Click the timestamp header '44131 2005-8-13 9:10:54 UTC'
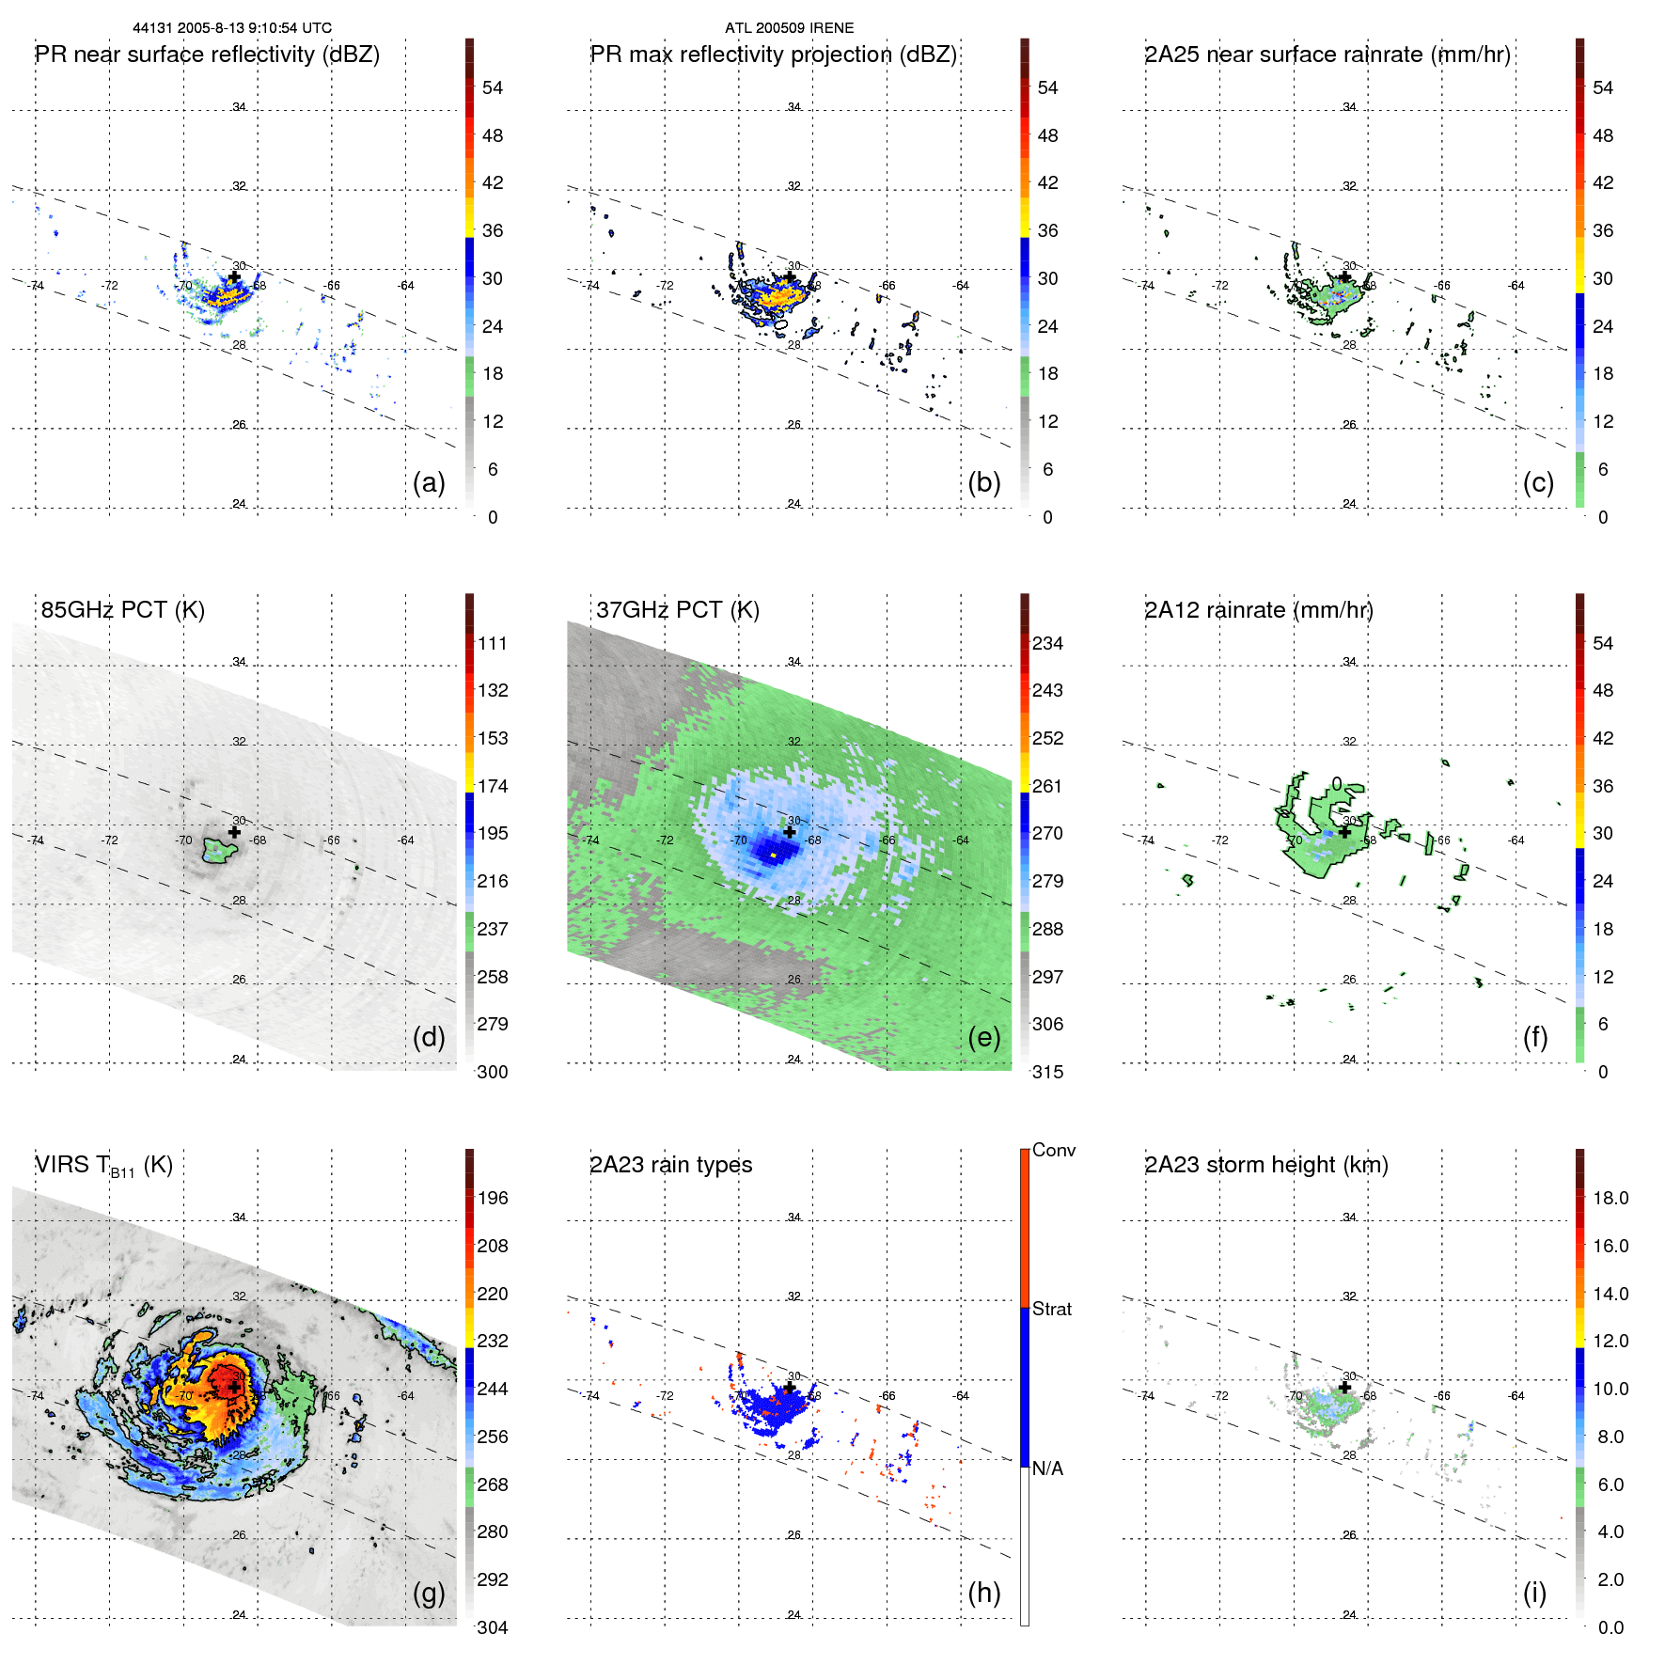pyautogui.click(x=232, y=28)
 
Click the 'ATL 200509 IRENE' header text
pyautogui.click(x=789, y=28)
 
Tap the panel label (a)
pyautogui.click(x=429, y=483)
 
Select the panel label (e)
pyautogui.click(x=983, y=1038)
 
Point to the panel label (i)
pyautogui.click(x=1534, y=1593)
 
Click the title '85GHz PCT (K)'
pyautogui.click(x=123, y=610)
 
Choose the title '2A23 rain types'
pyautogui.click(x=670, y=1165)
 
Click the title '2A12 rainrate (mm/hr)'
pyautogui.click(x=1258, y=610)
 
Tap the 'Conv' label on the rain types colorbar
pyautogui.click(x=1054, y=1150)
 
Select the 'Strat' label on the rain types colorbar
pyautogui.click(x=1052, y=1309)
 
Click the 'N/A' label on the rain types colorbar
pyautogui.click(x=1048, y=1469)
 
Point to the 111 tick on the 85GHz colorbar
pyautogui.click(x=493, y=644)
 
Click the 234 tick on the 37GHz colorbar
pyautogui.click(x=1047, y=644)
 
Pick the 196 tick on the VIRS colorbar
pyautogui.click(x=493, y=1199)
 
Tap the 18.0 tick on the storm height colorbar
pyautogui.click(x=1610, y=1199)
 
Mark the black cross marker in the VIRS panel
pyautogui.click(x=234, y=1388)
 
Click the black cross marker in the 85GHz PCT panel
pyautogui.click(x=234, y=832)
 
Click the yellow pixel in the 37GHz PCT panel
pyautogui.click(x=773, y=856)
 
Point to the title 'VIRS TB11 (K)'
pyautogui.click(x=103, y=1166)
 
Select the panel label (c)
pyautogui.click(x=1538, y=483)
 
